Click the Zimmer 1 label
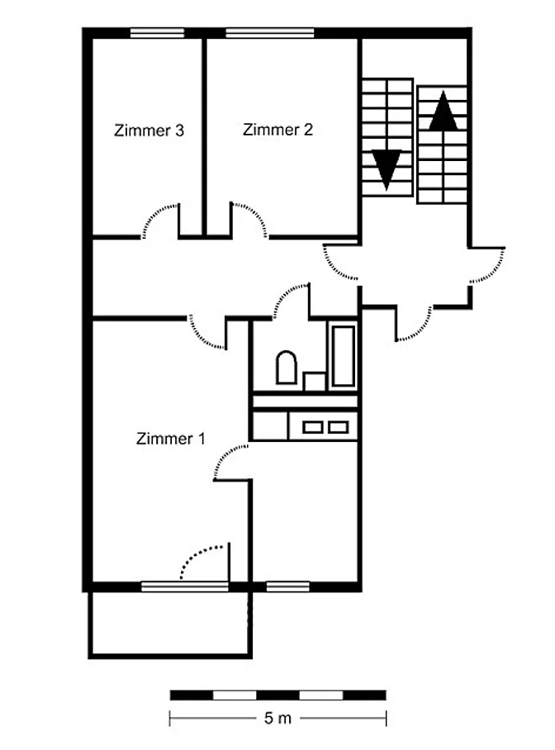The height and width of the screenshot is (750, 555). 170,439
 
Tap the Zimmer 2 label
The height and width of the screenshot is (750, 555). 277,130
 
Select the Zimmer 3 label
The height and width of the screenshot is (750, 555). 149,131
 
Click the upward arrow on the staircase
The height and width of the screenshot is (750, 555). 443,111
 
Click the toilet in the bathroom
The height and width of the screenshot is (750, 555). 286,368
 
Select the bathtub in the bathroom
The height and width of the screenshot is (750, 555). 343,356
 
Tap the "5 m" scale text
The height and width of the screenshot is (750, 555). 277,718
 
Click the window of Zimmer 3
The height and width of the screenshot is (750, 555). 158,33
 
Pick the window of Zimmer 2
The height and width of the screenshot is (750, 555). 270,33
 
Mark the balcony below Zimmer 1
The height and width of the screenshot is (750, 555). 170,624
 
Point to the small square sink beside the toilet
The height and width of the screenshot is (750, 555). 315,382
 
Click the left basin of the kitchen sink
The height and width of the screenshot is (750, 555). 312,427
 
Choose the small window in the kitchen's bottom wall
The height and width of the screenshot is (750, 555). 288,586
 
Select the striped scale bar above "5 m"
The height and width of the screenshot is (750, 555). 278,695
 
